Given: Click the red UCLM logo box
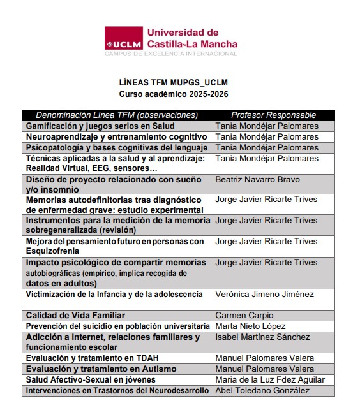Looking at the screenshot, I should click(x=123, y=38).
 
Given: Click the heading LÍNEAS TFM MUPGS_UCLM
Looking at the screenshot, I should click(x=173, y=83).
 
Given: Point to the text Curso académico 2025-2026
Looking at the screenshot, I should click(x=173, y=94).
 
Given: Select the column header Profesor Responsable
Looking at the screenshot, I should click(x=273, y=115).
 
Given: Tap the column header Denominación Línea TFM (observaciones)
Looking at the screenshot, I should click(x=117, y=115).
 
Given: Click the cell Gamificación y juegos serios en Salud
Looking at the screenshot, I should click(x=100, y=126).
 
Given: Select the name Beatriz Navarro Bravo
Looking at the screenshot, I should click(x=257, y=180).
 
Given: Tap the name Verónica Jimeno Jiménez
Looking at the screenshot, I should click(x=264, y=295).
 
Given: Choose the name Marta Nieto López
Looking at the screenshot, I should click(x=250, y=326).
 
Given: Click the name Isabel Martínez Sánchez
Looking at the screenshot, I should click(x=262, y=337).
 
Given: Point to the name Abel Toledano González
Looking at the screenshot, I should click(x=262, y=390).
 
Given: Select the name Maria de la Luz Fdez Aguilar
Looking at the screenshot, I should click(x=270, y=379).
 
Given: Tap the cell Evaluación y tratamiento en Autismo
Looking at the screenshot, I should click(x=98, y=369).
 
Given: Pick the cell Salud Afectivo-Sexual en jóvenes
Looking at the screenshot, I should click(x=91, y=379).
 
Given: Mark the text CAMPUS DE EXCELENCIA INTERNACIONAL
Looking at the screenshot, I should click(x=170, y=54).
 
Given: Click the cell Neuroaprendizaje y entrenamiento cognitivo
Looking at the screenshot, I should click(x=116, y=137).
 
